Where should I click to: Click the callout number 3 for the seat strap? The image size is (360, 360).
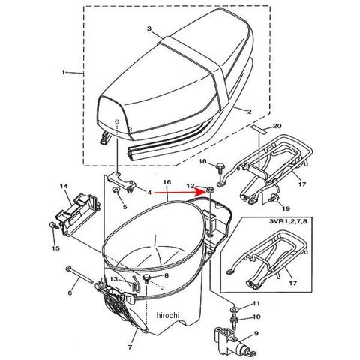coord(149,28)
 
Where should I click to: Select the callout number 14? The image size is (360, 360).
coord(64,186)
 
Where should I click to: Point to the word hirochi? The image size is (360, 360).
coord(168,315)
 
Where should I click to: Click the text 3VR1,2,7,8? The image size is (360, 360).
coord(288,222)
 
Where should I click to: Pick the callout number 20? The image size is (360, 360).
coord(277,126)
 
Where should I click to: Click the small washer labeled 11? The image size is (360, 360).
coord(235,310)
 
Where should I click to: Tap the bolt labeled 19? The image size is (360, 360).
coord(272,199)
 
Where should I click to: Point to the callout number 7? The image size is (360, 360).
coord(130,347)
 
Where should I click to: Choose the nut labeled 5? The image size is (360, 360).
coord(116,190)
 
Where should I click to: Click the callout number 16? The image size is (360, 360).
coord(166,182)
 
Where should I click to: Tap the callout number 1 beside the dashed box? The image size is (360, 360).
coord(63,72)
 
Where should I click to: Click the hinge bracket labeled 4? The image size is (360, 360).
coord(121,182)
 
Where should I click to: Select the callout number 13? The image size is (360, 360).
coord(114,279)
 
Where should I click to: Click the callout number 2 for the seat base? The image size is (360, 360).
coord(249,112)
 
